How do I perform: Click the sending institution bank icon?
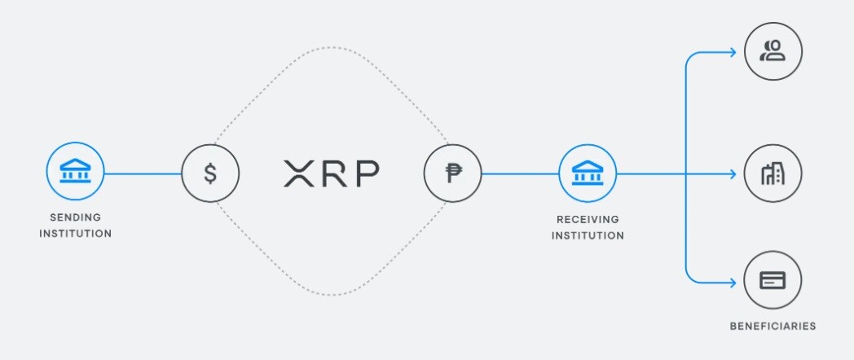(75, 171)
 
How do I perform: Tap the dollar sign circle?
(210, 173)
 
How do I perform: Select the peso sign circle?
(452, 173)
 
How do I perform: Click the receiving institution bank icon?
(588, 173)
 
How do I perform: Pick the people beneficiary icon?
(773, 51)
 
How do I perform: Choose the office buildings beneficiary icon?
(773, 173)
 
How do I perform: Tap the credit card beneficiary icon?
(773, 280)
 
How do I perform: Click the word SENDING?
(75, 217)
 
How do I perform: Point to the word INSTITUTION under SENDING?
(75, 234)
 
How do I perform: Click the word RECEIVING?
(588, 219)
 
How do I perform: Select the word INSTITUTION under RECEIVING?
(588, 236)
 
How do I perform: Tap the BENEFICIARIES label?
(773, 327)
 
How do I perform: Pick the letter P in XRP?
(367, 173)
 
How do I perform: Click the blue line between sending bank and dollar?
(143, 174)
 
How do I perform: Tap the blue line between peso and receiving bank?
(520, 174)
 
